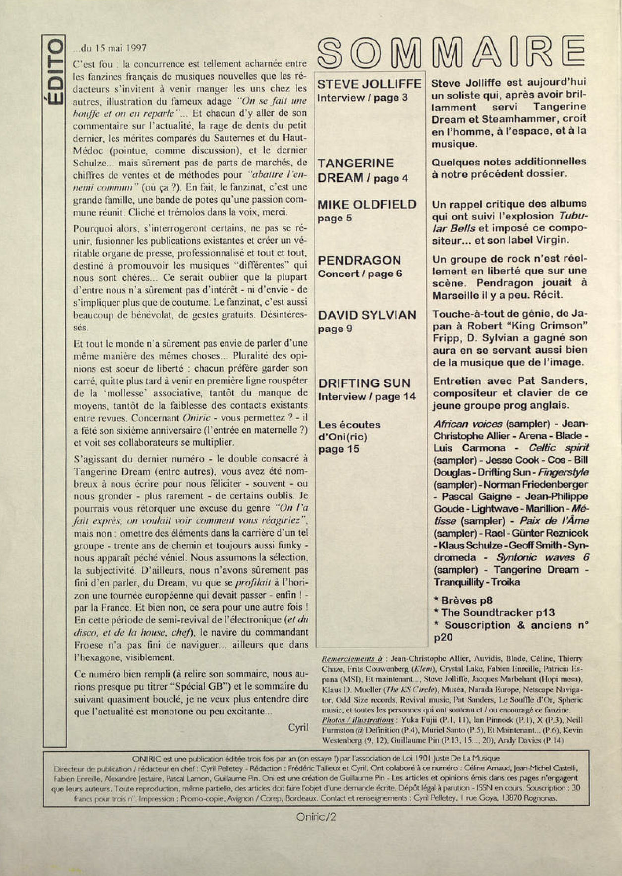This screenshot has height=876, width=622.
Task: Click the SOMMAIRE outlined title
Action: point(451,53)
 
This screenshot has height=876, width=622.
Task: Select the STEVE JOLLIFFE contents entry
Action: point(369,84)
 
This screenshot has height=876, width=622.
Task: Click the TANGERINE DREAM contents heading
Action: point(356,170)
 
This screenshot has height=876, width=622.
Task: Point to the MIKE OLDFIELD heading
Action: point(367,204)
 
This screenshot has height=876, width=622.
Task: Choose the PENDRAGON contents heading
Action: point(359,260)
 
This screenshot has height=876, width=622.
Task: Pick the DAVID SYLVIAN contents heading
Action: point(367,315)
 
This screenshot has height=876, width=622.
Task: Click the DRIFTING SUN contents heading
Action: point(364,383)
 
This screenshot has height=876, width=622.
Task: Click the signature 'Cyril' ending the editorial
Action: point(298,727)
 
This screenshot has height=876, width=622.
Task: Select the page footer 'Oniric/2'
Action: point(316,817)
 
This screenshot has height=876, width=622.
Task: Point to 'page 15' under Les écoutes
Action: point(339,449)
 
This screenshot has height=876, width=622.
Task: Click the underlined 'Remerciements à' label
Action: point(352,659)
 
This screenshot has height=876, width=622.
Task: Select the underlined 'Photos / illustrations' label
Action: point(357,720)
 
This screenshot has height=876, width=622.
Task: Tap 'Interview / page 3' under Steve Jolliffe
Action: point(363,98)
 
